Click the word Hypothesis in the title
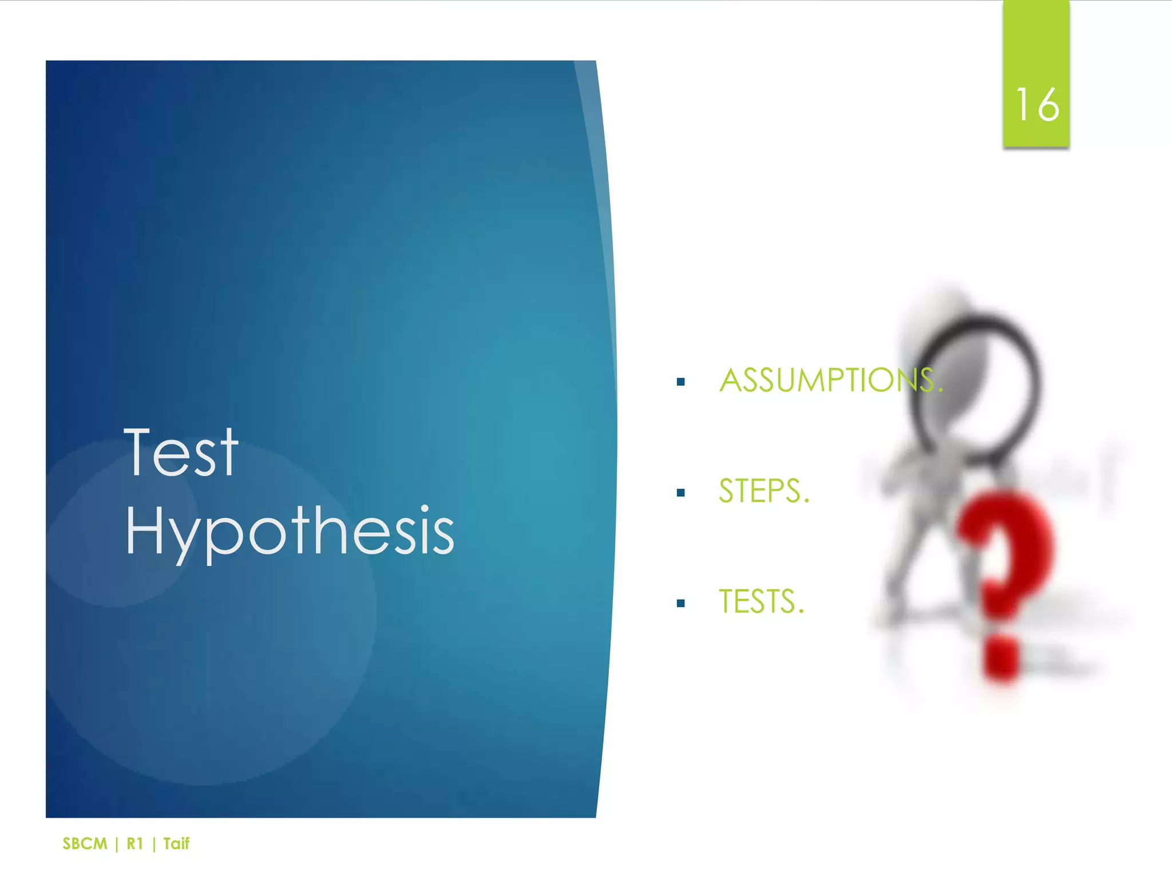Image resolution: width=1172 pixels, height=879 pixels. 290,532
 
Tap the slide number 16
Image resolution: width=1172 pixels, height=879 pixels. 1036,105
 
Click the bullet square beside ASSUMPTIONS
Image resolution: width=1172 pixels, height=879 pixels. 680,382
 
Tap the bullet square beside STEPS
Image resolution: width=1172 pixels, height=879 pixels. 680,492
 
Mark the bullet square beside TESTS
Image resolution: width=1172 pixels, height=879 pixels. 680,603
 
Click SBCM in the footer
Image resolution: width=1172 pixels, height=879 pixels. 85,844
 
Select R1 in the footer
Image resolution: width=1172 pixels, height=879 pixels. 134,844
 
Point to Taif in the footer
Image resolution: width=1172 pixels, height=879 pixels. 176,844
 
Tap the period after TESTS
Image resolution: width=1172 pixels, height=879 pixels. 801,612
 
